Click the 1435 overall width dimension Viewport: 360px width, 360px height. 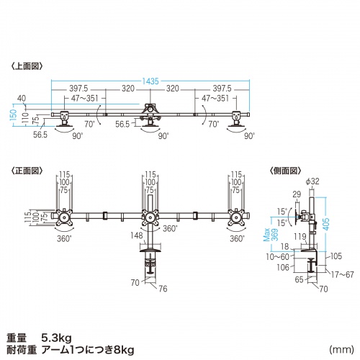tap(150, 81)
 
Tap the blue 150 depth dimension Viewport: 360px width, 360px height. tap(14, 114)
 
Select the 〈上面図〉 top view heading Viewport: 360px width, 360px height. tap(27, 66)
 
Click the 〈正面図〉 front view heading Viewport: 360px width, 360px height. tap(27, 171)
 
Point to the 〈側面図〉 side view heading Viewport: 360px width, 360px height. tap(285, 171)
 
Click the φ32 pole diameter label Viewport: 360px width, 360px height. tap(312, 181)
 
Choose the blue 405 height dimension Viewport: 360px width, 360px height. tap(326, 224)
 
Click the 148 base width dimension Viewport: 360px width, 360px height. tap(137, 235)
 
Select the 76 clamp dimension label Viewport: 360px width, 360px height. tap(163, 289)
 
